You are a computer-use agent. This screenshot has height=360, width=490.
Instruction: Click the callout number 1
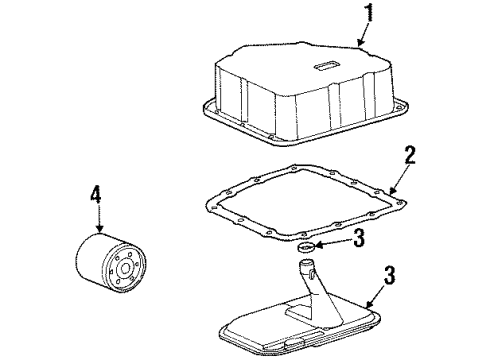coord(369,12)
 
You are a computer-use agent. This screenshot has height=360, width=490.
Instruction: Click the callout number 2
coord(410,155)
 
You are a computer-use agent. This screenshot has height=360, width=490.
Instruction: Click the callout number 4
coord(96,194)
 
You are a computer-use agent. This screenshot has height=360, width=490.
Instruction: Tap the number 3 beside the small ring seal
coord(359,238)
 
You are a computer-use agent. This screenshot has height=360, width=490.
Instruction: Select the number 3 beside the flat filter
coord(389,275)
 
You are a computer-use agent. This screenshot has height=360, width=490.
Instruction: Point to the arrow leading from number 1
coord(363,34)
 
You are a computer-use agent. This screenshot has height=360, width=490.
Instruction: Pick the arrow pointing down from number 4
coord(99,218)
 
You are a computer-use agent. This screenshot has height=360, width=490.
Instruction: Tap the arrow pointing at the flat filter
coord(376,296)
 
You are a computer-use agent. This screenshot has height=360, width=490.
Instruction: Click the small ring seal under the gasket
coord(306,248)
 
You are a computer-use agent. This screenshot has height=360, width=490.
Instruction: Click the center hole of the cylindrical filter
coord(126,269)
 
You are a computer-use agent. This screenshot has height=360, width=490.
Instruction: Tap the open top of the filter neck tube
coord(306,263)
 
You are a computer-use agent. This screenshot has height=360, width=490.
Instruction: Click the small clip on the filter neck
coord(312,274)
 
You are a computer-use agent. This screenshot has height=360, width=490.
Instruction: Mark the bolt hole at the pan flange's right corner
coord(397,107)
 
